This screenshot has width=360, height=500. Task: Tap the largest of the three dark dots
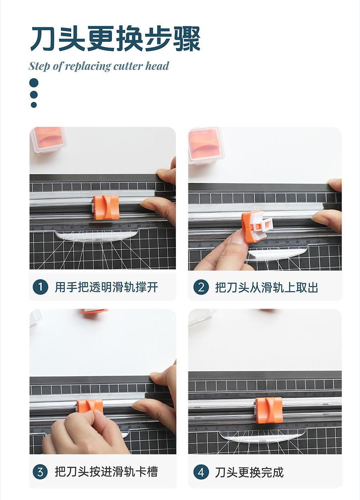tap(34, 83)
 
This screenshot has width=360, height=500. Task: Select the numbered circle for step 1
tap(40, 287)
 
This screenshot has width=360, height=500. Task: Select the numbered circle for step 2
tap(201, 287)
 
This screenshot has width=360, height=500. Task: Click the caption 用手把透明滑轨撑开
tap(106, 287)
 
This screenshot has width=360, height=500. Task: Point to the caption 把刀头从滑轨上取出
tap(267, 287)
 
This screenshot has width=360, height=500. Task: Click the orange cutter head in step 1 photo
tap(106, 207)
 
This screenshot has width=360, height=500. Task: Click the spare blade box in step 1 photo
tap(48, 140)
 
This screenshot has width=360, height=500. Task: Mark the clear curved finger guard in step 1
tap(97, 236)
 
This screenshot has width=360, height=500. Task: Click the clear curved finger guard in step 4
tap(262, 435)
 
